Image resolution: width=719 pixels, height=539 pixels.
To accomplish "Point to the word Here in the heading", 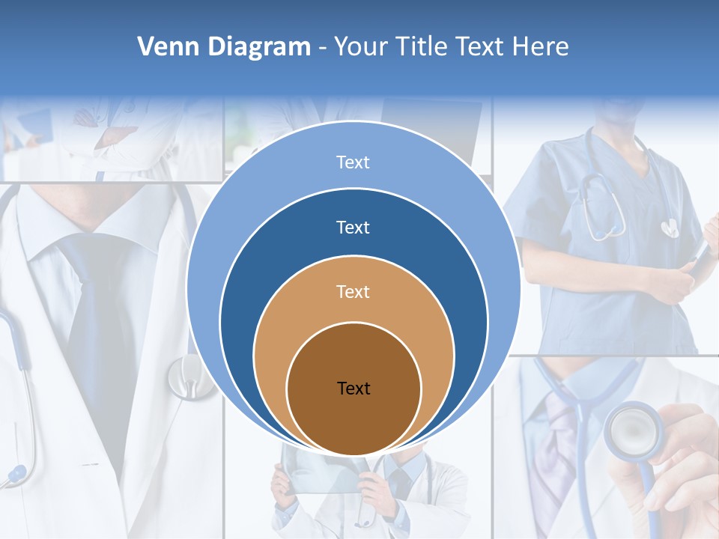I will click(x=540, y=47).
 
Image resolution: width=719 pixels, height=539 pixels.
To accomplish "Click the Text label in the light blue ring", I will click(x=353, y=162).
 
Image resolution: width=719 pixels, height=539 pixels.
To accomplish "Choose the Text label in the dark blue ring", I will click(x=353, y=227).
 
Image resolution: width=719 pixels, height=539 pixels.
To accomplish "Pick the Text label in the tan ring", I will click(x=353, y=291).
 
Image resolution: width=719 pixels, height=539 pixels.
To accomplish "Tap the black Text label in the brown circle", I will click(x=354, y=388).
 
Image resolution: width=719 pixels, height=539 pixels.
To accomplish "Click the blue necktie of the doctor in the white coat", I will click(x=97, y=314).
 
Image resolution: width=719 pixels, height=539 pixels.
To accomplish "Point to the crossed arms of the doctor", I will click(x=120, y=135).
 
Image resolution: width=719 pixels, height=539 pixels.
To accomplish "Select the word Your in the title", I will click(x=361, y=47).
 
